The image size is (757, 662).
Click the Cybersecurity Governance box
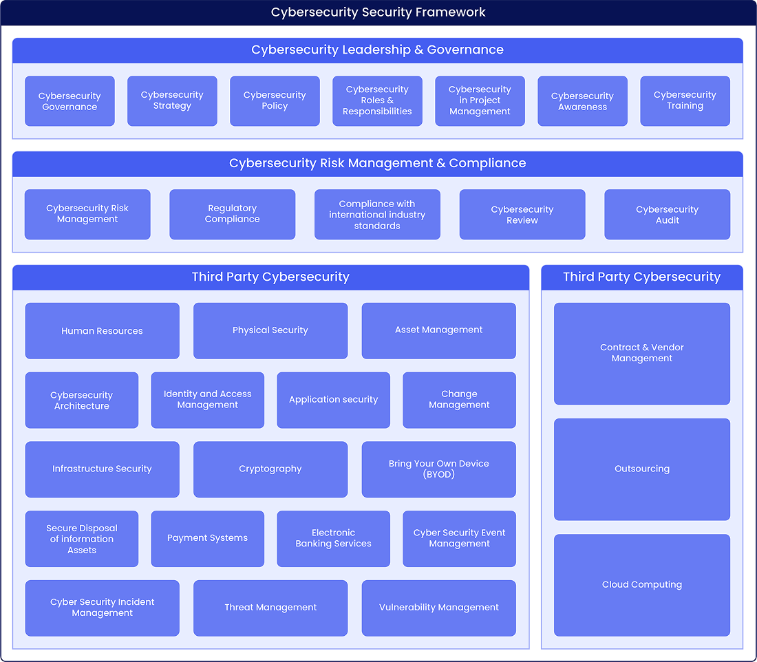[x=70, y=101]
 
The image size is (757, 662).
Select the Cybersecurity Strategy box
[x=172, y=101]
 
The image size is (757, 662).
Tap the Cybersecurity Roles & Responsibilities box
[x=377, y=101]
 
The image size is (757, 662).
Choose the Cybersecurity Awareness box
[x=582, y=101]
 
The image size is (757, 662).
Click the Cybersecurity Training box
[x=685, y=101]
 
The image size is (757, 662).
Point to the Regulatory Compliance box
[x=232, y=214]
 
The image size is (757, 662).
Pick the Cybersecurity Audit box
[x=667, y=214]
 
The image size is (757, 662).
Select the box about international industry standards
[x=377, y=214]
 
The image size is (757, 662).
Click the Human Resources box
[x=102, y=331]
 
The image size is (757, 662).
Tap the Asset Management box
[x=438, y=331]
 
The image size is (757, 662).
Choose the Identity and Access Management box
[x=207, y=400]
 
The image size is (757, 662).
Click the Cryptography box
[x=270, y=469]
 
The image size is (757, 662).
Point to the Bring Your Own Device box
[x=438, y=469]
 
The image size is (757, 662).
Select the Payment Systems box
[x=207, y=539]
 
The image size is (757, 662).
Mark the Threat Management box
[x=270, y=608]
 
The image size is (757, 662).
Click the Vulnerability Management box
[x=438, y=608]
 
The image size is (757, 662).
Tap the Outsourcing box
[x=641, y=469]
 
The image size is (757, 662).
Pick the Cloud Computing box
[x=641, y=585]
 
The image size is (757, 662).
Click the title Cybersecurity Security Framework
[x=378, y=12]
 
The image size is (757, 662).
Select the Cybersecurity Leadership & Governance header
[x=377, y=50]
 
